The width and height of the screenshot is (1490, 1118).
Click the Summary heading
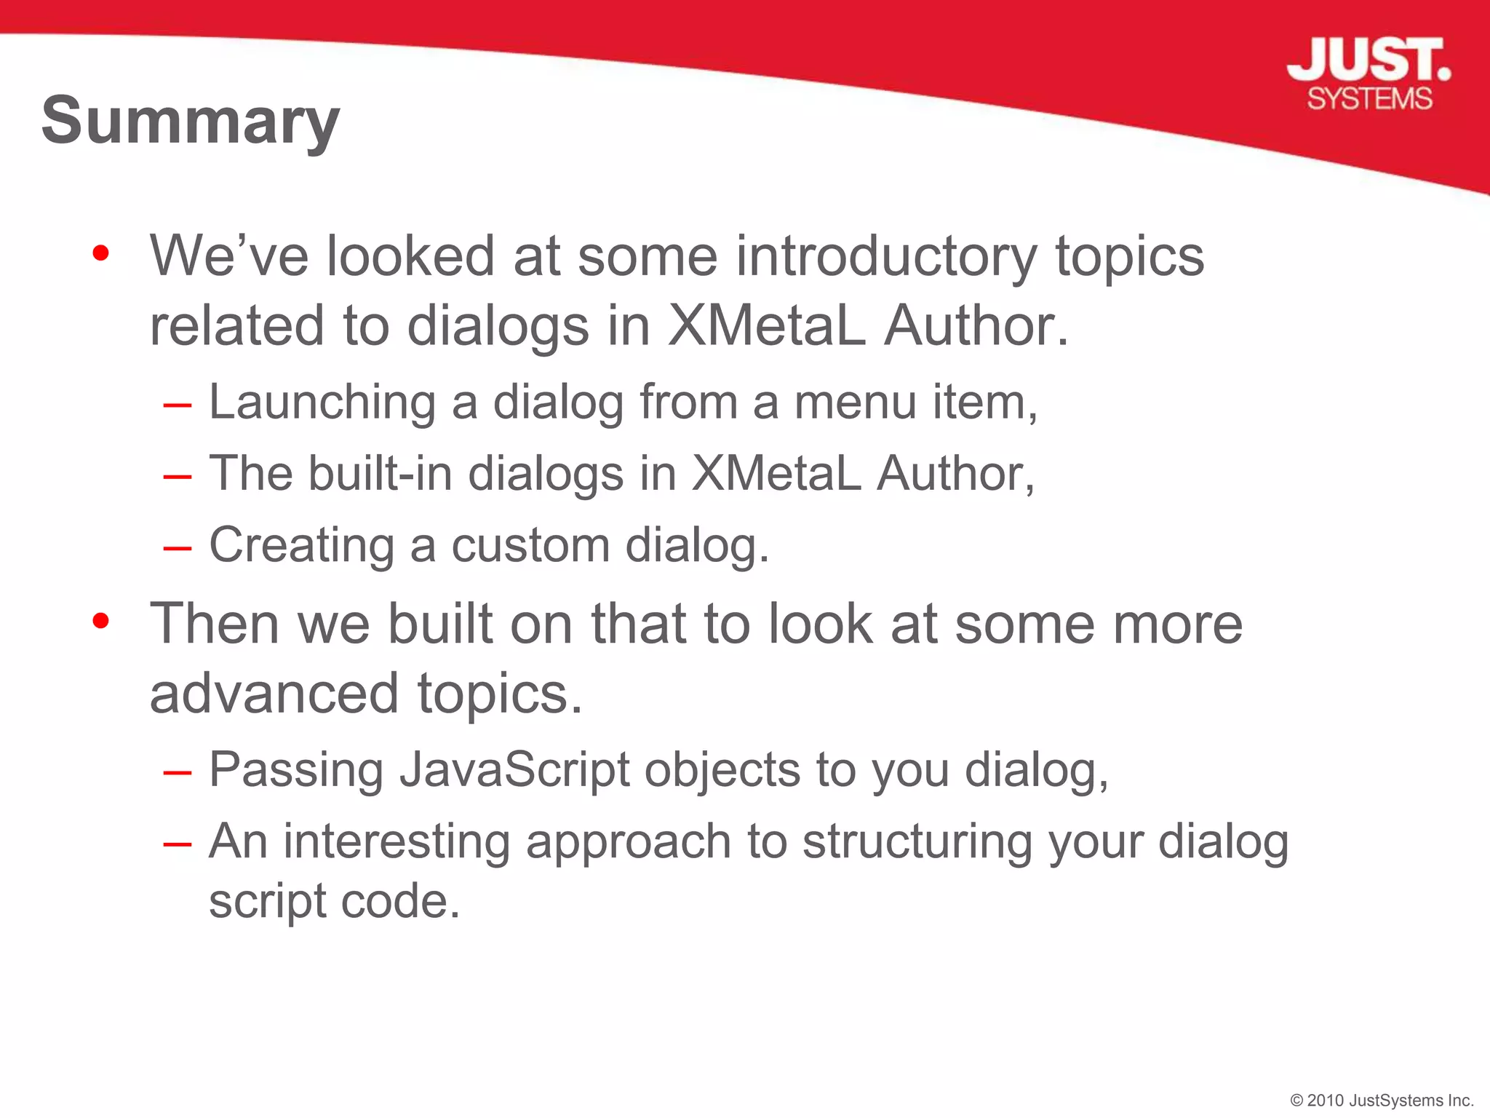[191, 121]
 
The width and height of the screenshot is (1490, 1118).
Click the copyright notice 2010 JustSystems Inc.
[1382, 1100]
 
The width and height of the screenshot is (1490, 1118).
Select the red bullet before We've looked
[101, 253]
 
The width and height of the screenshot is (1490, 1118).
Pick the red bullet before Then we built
[101, 621]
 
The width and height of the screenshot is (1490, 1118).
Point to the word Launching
[322, 403]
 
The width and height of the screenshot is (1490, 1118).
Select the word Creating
[302, 545]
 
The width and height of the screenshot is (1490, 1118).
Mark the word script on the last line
[267, 901]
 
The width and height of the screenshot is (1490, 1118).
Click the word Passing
[296, 770]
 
